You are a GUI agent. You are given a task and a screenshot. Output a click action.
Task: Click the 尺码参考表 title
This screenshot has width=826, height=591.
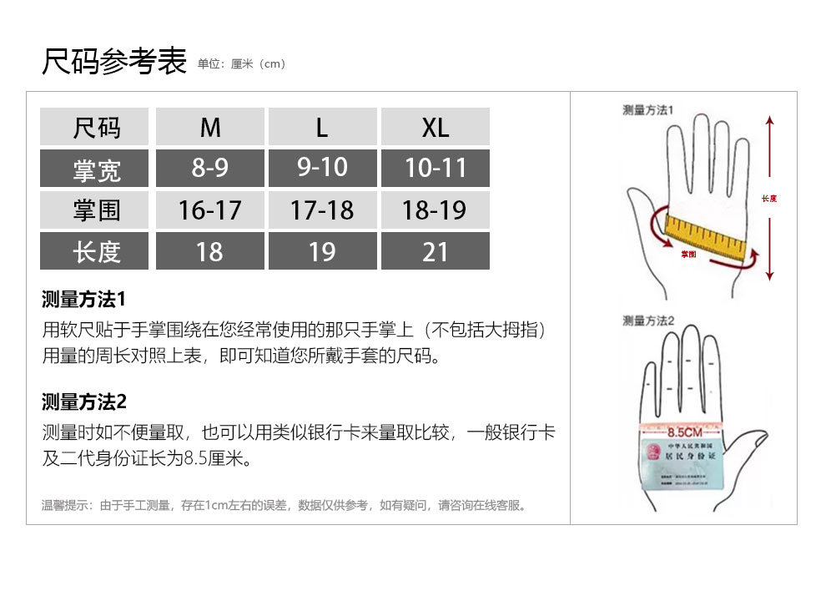click(114, 62)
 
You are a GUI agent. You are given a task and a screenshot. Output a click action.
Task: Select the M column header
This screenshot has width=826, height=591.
click(210, 127)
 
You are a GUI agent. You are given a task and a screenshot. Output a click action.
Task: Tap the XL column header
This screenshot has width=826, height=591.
click(435, 127)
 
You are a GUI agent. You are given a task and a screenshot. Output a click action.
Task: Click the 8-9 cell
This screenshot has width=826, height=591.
click(210, 168)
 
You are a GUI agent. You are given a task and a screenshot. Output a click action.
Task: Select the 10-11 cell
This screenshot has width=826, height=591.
click(435, 168)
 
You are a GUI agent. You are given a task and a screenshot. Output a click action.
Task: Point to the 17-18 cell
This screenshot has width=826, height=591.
click(322, 210)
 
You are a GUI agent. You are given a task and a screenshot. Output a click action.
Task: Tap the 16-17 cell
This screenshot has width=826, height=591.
click(210, 210)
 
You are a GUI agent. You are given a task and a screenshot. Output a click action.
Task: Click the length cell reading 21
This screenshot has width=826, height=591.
click(435, 251)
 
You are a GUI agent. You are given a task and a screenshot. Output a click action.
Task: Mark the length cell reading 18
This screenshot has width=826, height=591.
click(210, 251)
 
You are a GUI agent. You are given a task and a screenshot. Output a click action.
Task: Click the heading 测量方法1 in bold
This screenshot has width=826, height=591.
click(83, 299)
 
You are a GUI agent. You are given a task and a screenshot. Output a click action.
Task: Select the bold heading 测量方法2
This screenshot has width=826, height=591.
click(83, 402)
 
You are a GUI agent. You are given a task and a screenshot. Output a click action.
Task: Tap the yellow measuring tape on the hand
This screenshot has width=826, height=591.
click(705, 235)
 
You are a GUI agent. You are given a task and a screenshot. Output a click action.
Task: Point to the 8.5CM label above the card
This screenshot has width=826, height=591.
click(684, 432)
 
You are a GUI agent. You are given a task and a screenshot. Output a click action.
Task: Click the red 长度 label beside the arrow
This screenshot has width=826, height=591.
click(769, 199)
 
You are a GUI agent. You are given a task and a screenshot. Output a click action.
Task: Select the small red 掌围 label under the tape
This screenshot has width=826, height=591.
click(688, 254)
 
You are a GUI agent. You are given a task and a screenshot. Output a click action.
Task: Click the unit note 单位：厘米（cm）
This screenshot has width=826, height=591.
click(242, 64)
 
